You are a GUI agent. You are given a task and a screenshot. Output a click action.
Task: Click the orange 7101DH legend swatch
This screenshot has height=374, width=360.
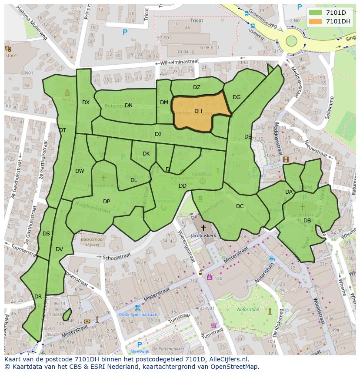(316, 21)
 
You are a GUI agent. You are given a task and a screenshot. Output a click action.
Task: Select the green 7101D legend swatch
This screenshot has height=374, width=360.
(316, 13)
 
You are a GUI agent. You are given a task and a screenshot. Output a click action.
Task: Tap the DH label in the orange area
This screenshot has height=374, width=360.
(198, 111)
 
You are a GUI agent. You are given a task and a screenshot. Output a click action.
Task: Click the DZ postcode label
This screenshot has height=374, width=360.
(197, 87)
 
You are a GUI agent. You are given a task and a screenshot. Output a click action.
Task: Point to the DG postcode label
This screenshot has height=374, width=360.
(237, 97)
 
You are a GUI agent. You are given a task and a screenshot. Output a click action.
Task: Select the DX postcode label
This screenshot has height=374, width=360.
(86, 103)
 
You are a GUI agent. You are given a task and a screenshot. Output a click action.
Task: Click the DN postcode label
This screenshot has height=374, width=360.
(128, 106)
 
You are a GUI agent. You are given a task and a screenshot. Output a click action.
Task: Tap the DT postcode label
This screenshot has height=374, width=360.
(63, 130)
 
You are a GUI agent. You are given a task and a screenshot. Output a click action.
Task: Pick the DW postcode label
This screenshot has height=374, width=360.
(80, 171)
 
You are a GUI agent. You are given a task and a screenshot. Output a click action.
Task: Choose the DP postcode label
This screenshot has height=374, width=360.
(107, 202)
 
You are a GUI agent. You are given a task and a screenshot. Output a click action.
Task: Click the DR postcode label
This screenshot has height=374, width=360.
(38, 297)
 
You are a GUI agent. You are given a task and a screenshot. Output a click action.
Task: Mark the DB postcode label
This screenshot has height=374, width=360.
(307, 221)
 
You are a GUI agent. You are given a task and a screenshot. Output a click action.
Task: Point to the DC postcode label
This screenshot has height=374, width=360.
(240, 206)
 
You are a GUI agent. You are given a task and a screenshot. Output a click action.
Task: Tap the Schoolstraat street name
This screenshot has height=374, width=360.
(117, 257)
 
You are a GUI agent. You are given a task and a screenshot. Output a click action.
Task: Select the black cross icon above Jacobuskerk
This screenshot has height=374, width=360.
(203, 228)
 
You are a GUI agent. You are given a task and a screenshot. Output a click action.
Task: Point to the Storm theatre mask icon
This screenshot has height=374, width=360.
(7, 48)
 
